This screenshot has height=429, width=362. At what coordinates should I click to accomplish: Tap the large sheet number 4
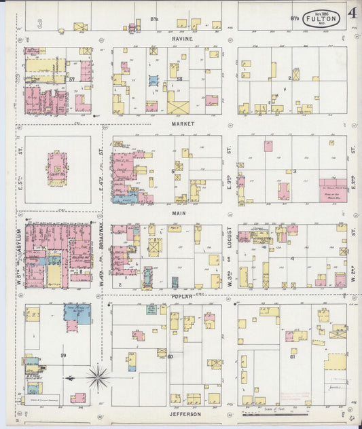coord(352,14)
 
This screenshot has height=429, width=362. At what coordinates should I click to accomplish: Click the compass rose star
coord(98,377)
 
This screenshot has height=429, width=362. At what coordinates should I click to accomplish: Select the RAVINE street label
coord(182,39)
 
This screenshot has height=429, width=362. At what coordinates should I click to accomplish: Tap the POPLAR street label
coord(182,297)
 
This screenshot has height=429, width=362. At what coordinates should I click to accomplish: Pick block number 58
coord(180,79)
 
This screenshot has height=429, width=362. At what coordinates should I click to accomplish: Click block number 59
coord(63,356)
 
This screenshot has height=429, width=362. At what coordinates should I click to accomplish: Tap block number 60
coord(170,356)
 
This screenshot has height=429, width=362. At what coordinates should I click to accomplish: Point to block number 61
coord(292,356)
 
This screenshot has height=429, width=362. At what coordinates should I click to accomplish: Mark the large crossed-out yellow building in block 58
coord(179,106)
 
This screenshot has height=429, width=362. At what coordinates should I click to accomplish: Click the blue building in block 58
coord(153,80)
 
